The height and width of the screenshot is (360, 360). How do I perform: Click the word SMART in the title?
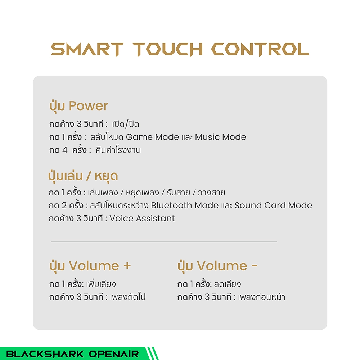(x=87, y=49)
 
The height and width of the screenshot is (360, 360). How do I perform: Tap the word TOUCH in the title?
(x=168, y=49)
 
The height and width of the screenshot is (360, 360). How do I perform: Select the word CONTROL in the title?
(x=260, y=49)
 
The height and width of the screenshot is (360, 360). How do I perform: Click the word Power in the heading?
(x=89, y=106)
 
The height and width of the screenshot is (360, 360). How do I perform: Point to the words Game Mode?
(x=152, y=137)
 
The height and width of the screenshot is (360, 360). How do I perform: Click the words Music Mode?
(x=220, y=137)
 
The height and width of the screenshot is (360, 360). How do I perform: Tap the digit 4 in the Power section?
(x=65, y=150)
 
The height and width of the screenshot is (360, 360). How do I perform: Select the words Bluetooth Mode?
(x=185, y=205)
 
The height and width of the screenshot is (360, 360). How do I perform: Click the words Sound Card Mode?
(x=273, y=205)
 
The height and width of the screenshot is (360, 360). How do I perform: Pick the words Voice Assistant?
(x=142, y=218)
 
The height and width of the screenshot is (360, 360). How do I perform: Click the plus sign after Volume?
(x=127, y=266)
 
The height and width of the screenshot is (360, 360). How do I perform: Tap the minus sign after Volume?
(x=255, y=266)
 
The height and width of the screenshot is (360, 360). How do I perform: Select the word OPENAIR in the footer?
(x=114, y=354)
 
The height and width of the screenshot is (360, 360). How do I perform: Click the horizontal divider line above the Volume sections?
(x=164, y=242)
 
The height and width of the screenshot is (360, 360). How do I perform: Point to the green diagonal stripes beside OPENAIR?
(x=152, y=354)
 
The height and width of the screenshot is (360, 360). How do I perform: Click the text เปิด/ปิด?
(x=126, y=124)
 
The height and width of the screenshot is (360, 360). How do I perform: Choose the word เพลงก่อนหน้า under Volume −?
(x=261, y=297)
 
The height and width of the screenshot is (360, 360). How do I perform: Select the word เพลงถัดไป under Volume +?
(x=128, y=297)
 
